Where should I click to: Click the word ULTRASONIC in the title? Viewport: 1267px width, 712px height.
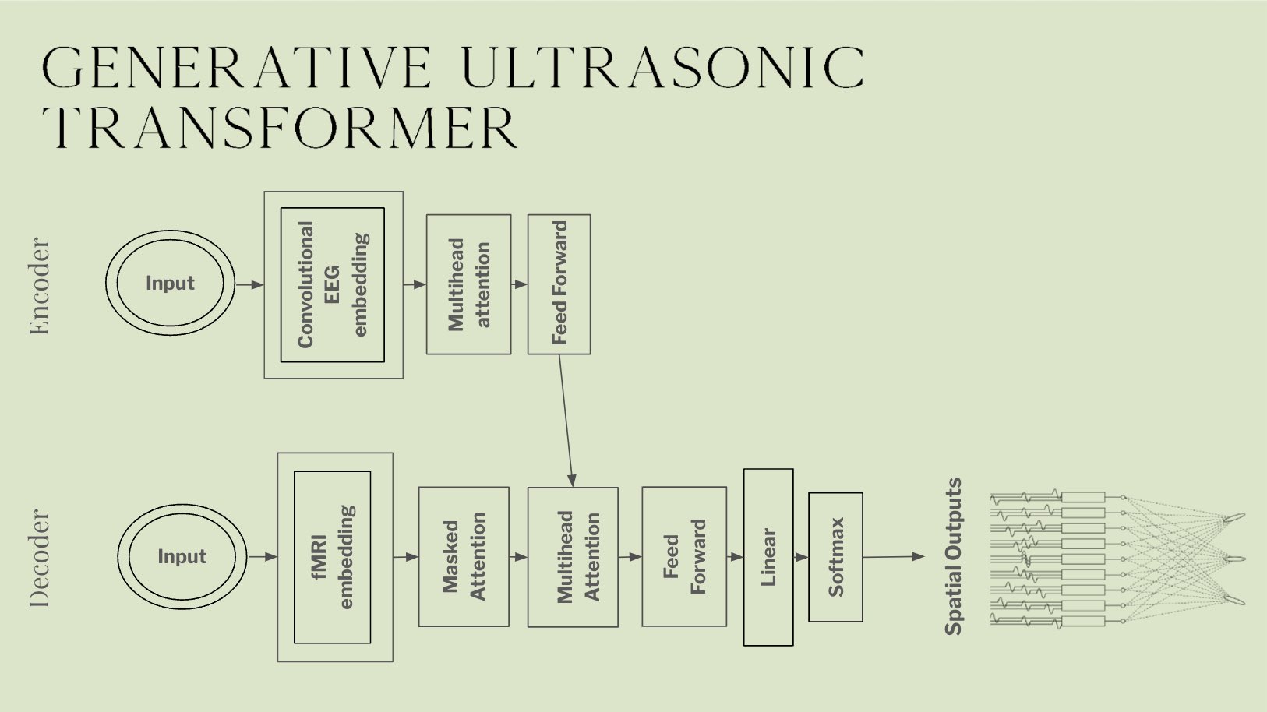point(667,67)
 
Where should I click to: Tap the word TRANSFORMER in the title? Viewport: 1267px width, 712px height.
point(281,128)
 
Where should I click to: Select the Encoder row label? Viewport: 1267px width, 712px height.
point(39,287)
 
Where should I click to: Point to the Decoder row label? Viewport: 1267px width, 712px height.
point(39,558)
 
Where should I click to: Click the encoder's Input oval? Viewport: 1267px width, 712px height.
point(170,284)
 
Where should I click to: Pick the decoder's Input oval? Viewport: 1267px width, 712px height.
point(182,557)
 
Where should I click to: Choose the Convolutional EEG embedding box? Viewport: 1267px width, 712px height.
point(333,285)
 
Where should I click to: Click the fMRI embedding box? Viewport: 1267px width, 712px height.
point(333,557)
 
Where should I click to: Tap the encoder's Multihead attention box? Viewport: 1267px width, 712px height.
point(468,284)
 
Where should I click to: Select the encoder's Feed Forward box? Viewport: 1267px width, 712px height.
point(559,284)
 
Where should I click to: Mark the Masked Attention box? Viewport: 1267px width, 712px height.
point(464,557)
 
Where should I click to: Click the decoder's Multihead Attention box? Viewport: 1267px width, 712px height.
point(573,557)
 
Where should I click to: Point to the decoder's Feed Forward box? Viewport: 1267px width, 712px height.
point(684,557)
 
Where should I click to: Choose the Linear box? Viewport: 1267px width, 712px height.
point(768,557)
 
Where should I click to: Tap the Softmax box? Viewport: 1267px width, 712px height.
point(835,557)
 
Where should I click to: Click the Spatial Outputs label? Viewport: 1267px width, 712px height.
point(953,557)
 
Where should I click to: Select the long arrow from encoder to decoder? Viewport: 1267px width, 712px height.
point(566,421)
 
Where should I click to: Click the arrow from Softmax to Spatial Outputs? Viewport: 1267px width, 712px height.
point(893,557)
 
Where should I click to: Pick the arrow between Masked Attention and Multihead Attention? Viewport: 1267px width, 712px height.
point(518,557)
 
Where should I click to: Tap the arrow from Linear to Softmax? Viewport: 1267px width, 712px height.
point(801,557)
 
